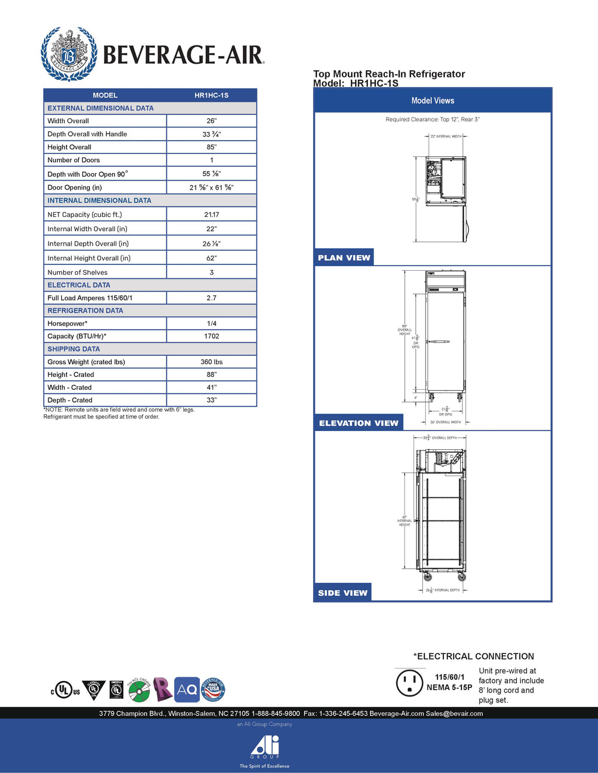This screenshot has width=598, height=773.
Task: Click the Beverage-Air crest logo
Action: pos(69,54)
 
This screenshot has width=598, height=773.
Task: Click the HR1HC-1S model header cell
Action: pos(211,95)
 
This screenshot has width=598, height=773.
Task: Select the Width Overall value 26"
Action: pos(211,121)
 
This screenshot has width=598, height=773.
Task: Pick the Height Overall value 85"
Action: pos(211,147)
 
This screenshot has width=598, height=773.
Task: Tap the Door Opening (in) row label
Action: pos(75,187)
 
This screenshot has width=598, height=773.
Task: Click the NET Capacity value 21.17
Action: pos(211,215)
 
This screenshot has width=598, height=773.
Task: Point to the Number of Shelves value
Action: pos(211,272)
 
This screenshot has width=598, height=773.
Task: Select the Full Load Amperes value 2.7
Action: pos(211,298)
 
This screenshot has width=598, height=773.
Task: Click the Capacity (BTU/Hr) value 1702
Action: pos(211,336)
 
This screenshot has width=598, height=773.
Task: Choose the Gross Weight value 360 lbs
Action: pos(211,362)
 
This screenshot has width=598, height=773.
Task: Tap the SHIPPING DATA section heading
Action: pos(74,349)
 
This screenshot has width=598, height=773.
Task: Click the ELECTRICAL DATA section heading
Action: pos(79,285)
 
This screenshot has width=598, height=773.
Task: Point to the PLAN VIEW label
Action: pos(344,258)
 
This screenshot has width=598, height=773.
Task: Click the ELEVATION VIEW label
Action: pos(359,423)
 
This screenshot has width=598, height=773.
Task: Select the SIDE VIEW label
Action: pos(343,593)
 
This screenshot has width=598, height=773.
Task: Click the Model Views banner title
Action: pos(433,100)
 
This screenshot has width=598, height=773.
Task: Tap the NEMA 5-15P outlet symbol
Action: pos(409,683)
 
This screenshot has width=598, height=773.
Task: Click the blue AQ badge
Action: pos(187,690)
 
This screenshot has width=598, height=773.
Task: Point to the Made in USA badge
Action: pos(213,690)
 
